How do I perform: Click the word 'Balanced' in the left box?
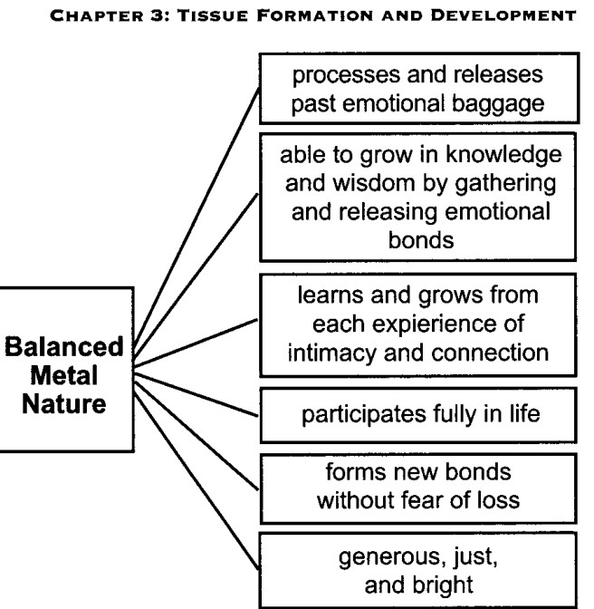64,347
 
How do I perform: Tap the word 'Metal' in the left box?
64,375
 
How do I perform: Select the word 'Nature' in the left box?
64,404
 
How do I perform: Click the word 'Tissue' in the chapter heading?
213,16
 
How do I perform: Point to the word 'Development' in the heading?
503,16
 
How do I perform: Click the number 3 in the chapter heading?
158,16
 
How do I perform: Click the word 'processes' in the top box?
346,75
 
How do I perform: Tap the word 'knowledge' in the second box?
503,155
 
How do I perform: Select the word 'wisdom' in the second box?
374,183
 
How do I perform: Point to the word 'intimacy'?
332,353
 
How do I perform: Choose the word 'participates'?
363,415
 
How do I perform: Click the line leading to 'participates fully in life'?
196,394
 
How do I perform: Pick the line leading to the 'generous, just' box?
196,480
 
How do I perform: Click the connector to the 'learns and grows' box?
196,343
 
